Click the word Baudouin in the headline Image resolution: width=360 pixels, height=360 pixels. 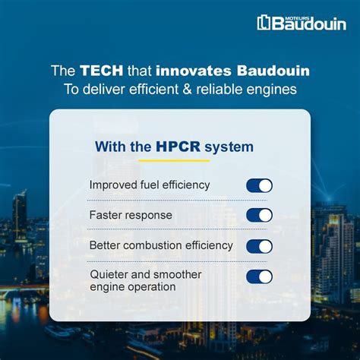(x=267, y=71)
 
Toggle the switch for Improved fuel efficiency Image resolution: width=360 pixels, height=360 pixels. (x=259, y=185)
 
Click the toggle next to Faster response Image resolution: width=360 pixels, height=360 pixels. (x=259, y=215)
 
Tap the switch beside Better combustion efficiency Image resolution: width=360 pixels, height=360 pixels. (x=259, y=246)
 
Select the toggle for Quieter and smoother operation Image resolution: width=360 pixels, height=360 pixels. (x=259, y=276)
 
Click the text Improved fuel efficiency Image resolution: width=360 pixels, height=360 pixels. (x=150, y=185)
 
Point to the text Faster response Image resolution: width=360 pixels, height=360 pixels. (x=131, y=215)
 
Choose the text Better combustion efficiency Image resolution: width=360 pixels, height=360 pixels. (x=161, y=246)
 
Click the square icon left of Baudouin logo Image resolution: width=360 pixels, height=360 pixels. (x=264, y=23)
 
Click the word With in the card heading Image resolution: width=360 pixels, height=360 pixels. (x=112, y=147)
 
